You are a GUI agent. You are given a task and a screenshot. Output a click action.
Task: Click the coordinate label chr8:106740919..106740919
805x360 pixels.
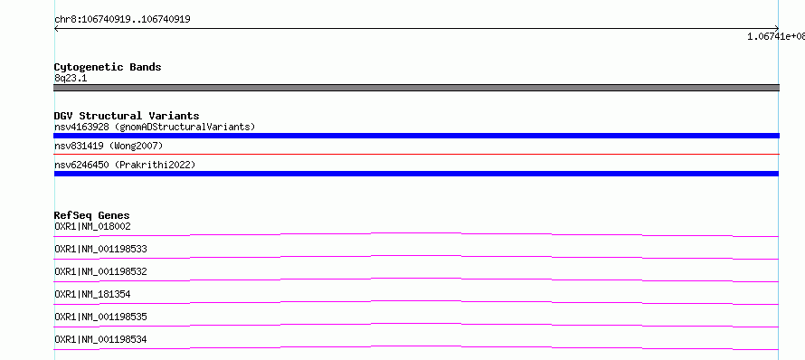[x=123, y=20]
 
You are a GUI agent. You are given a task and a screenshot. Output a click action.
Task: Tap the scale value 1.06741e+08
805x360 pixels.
[x=776, y=36]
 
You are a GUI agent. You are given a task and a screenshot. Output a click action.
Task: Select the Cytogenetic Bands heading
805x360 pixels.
[x=108, y=67]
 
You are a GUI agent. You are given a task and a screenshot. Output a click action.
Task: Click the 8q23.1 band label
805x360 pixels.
[x=71, y=78]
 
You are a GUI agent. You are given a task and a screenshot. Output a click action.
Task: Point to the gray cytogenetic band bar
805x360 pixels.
[x=416, y=88]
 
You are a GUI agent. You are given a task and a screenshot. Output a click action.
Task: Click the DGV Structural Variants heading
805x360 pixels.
[x=127, y=116]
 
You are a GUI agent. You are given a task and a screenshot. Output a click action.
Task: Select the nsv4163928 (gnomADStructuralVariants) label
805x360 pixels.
[x=155, y=127]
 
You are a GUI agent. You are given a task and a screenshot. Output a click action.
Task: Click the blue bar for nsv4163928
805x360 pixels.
[x=416, y=136]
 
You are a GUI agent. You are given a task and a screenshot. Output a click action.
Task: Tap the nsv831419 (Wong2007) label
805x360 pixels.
[x=109, y=147]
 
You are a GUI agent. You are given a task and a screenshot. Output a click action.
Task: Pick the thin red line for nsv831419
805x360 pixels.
[x=416, y=154]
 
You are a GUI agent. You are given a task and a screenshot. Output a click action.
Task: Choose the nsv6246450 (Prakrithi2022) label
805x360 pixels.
[x=125, y=165]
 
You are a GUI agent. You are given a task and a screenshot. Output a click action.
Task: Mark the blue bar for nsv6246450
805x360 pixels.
[x=416, y=174]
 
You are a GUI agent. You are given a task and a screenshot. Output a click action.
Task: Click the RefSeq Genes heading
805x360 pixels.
[x=92, y=215]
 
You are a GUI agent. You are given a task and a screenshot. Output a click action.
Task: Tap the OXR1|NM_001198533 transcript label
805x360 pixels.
[x=100, y=249]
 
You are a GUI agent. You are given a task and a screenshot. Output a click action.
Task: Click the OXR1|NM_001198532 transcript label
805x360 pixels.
[x=100, y=271]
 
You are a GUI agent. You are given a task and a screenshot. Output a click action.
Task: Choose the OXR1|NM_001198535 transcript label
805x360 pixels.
[x=100, y=317]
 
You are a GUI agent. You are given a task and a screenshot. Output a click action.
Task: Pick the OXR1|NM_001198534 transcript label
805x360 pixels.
[x=100, y=339]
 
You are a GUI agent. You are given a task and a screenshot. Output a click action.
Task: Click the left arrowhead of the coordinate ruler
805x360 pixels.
[x=55, y=29]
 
